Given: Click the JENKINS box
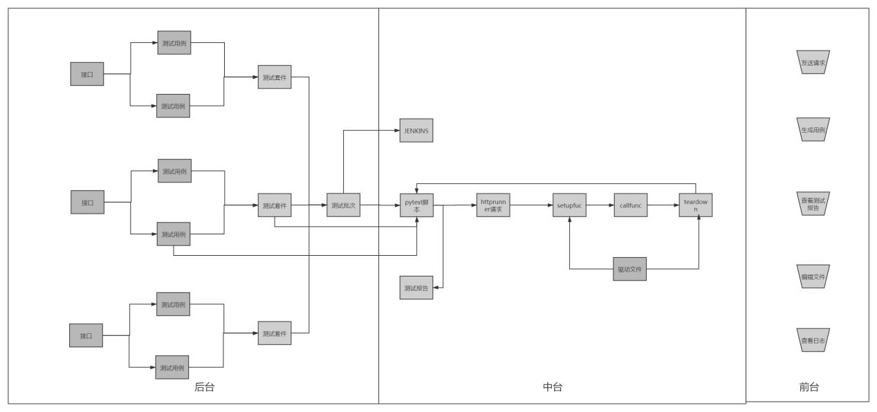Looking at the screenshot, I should click(x=416, y=131).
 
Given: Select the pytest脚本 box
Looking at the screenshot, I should click(x=416, y=205).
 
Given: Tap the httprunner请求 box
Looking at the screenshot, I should click(x=493, y=205).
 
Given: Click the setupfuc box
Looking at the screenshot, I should click(x=570, y=205).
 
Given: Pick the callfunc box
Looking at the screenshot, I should click(x=630, y=205).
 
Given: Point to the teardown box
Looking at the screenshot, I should click(x=696, y=205).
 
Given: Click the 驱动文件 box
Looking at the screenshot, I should click(x=629, y=269).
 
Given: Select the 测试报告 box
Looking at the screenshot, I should click(x=416, y=288).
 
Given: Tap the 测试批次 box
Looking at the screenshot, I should click(x=344, y=205).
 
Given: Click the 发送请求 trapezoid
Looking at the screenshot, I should click(x=813, y=62).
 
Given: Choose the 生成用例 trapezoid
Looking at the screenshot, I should click(x=813, y=129).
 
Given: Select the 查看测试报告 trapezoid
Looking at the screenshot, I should click(x=813, y=203).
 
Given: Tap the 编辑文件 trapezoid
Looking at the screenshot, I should click(x=813, y=277).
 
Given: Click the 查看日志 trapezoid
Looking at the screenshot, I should click(x=813, y=340).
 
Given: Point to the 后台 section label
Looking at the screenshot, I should click(x=204, y=387).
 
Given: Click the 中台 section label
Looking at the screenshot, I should click(x=553, y=387).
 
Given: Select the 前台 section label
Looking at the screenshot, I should click(x=809, y=387).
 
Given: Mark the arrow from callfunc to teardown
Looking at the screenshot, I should click(x=663, y=205).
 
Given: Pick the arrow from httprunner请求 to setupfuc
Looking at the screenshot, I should click(x=531, y=205).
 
